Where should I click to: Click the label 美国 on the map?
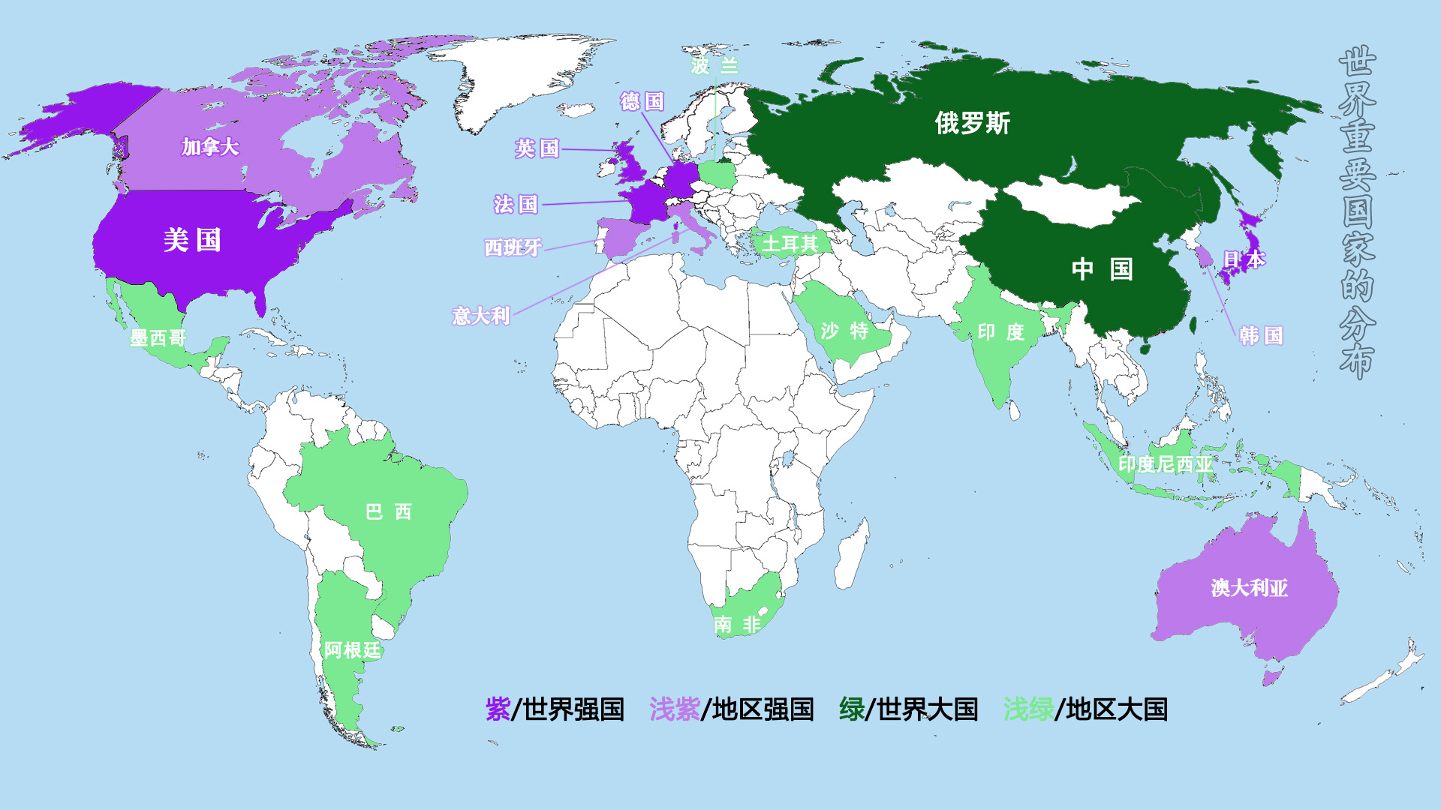pos(192,241)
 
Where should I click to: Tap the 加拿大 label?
pos(210,147)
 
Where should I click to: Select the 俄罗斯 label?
pos(972,123)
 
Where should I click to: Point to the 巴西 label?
pos(388,512)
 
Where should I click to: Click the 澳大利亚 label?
pos(1249,588)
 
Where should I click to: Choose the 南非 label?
pos(737,624)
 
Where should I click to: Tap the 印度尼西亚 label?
pos(1165,465)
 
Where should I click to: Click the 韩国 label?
pos(1261,335)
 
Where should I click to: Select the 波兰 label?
pos(714,66)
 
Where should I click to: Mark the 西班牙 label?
pos(513,247)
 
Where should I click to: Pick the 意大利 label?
pos(480,316)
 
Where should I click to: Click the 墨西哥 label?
pos(158,338)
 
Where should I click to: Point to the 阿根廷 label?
pos(352,650)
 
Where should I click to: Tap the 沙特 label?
pos(844,331)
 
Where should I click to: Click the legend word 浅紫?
pos(674,709)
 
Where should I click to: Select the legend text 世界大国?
pos(927,709)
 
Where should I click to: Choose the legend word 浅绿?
pos(1027,709)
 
